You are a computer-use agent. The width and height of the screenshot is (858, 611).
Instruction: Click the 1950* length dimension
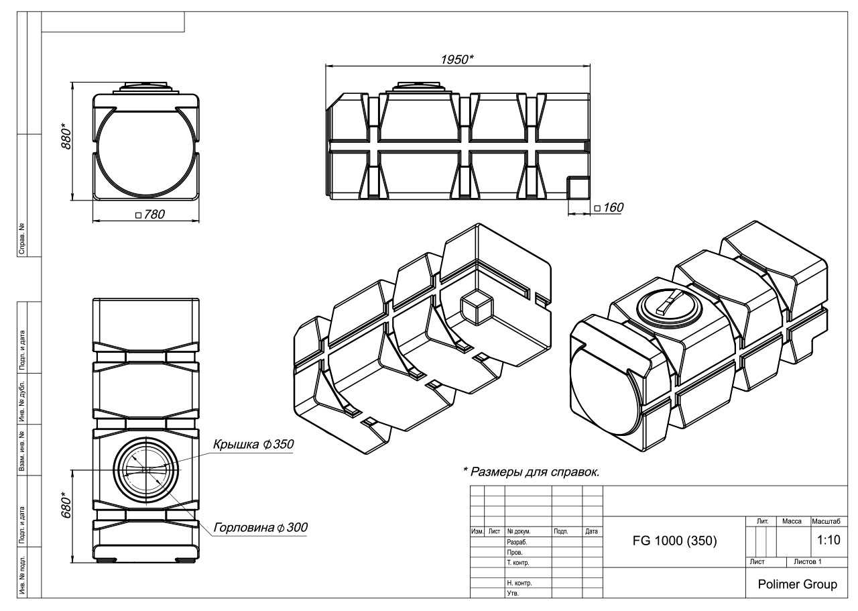(456, 60)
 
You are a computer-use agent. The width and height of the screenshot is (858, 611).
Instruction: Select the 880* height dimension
(66, 136)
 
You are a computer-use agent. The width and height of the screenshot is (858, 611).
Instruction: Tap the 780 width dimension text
(151, 214)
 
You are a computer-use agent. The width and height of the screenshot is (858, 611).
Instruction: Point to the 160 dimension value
(609, 207)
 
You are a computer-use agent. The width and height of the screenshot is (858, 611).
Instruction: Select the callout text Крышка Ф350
(253, 444)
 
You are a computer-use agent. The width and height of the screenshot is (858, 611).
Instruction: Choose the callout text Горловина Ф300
(261, 527)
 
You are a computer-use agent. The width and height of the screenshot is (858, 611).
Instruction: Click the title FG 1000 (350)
(674, 541)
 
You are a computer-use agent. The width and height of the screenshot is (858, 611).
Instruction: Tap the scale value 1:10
(829, 540)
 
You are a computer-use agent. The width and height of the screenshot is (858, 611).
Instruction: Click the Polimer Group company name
(798, 584)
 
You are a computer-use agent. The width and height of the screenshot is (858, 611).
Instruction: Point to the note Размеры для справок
(532, 471)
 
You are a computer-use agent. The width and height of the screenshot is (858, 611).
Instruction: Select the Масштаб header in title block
(826, 521)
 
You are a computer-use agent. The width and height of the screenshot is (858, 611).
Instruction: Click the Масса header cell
(792, 521)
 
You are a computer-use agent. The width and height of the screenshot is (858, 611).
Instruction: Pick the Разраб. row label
(517, 542)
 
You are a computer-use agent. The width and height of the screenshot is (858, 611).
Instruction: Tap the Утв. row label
(513, 593)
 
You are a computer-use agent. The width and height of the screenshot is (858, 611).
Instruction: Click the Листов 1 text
(808, 561)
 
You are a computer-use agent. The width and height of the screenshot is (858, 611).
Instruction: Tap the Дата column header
(591, 531)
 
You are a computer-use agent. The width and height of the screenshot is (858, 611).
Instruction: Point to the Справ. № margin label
(22, 238)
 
